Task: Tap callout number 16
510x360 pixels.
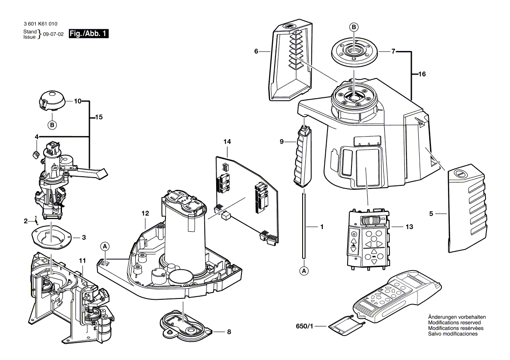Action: (422, 74)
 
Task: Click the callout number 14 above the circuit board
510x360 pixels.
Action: (227, 142)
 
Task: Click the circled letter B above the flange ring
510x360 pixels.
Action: (354, 27)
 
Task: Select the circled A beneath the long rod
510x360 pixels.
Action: (304, 271)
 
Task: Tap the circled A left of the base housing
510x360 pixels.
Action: (104, 247)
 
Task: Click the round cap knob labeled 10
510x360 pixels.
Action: (51, 101)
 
